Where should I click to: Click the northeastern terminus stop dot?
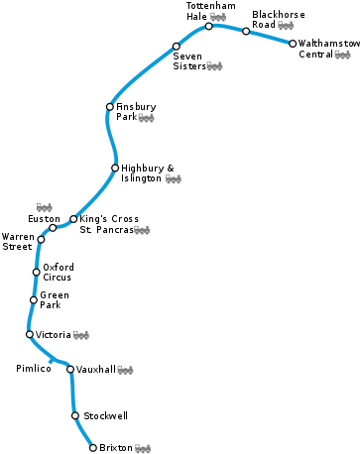(293, 43)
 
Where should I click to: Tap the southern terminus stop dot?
(93, 448)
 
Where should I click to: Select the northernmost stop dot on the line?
(209, 26)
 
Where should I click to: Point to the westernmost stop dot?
(30, 334)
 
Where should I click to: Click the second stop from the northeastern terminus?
(246, 31)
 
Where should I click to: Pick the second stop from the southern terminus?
(74, 415)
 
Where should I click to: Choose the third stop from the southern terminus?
(70, 369)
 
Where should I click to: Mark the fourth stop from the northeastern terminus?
(177, 46)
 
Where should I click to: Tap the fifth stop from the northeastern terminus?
(110, 106)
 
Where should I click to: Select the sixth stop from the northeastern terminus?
(115, 168)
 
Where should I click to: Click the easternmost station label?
(342, 56)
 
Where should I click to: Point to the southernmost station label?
(143, 449)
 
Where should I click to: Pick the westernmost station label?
(45, 208)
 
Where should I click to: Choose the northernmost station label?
(218, 17)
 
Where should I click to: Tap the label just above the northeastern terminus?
(286, 26)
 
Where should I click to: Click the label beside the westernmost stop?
(81, 335)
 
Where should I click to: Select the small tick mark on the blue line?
(51, 361)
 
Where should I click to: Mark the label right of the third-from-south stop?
(125, 371)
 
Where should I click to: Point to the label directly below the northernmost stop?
(214, 66)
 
